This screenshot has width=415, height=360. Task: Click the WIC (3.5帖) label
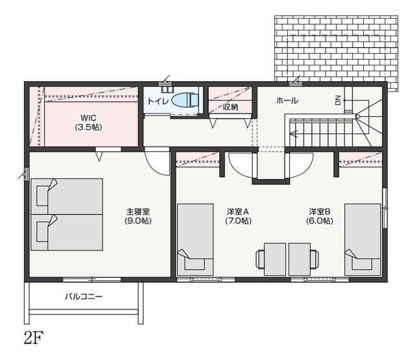[88, 123]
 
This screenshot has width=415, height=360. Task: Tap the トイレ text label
[158, 101]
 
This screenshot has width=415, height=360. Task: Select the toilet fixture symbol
[185, 100]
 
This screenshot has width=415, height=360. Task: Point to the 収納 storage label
[230, 107]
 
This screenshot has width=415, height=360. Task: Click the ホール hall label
[287, 101]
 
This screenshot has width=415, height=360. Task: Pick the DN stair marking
[338, 101]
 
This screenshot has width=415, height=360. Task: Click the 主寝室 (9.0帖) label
[138, 216]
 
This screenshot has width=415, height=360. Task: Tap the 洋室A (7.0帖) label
[238, 216]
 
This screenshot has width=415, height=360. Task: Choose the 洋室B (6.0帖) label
[320, 216]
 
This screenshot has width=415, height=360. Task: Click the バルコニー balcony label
[84, 296]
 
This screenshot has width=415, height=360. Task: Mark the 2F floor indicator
[34, 337]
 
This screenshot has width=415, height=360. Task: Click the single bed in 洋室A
[195, 239]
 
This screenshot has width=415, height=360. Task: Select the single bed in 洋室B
[362, 239]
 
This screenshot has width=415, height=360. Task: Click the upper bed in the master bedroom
[67, 197]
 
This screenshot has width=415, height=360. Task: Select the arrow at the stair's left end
[294, 134]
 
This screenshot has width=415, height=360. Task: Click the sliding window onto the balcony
[92, 280]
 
